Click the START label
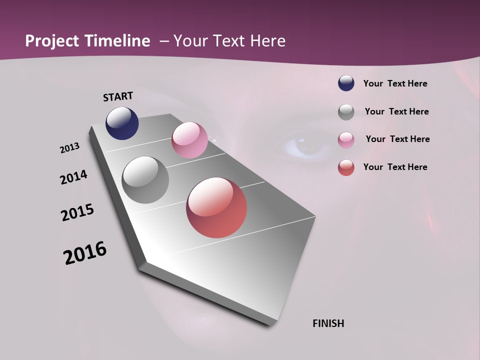tap(118, 96)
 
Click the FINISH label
tap(328, 323)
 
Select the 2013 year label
tap(70, 148)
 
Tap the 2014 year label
tap(73, 177)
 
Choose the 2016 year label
tap(85, 253)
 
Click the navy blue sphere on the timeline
tap(122, 123)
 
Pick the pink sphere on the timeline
tap(189, 140)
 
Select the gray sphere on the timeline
tap(145, 180)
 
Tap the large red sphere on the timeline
tap(216, 207)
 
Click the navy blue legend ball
tap(346, 83)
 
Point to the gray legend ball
tap(346, 112)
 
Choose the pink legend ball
tap(346, 140)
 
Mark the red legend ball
tap(346, 167)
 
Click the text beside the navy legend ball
tap(395, 83)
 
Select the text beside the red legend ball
tap(395, 167)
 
